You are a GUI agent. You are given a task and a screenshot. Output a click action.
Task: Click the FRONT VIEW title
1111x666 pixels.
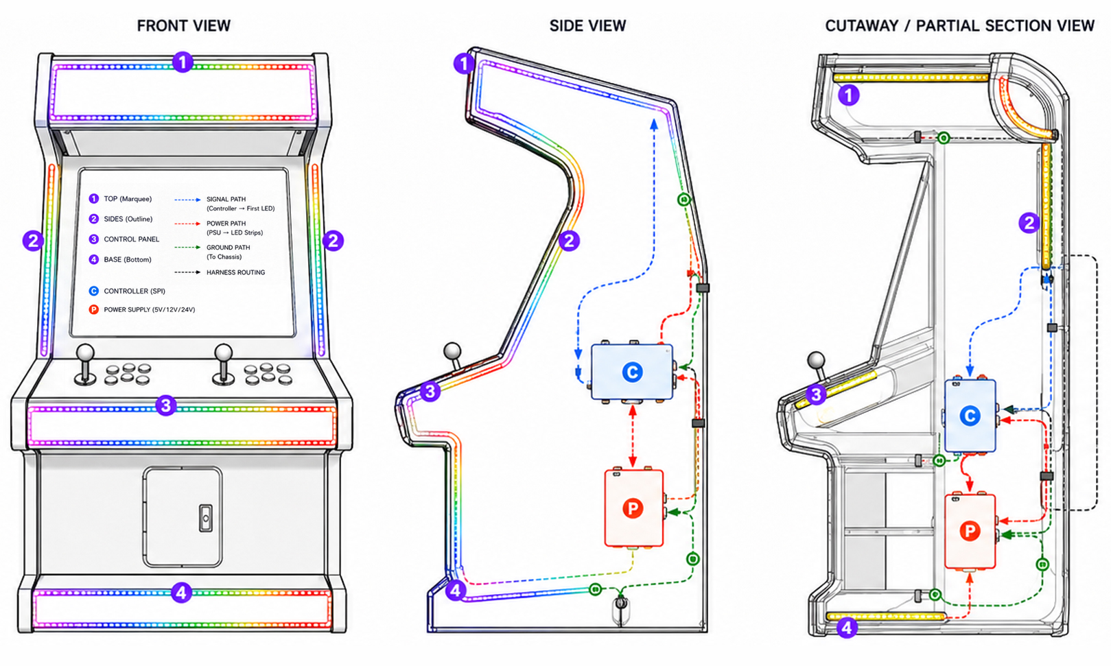[x=183, y=26]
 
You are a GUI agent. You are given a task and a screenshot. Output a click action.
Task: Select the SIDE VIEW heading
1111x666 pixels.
[x=587, y=26]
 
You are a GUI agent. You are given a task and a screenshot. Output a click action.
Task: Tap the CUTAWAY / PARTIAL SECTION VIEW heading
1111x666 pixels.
[x=960, y=26]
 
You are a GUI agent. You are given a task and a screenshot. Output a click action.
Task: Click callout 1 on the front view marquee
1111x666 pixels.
[x=183, y=62]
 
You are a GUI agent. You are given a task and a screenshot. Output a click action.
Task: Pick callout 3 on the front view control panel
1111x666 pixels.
[x=165, y=405]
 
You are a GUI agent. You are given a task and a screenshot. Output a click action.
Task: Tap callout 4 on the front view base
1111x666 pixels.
[x=181, y=592]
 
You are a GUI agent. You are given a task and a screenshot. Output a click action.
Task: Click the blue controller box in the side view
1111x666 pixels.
[x=632, y=372]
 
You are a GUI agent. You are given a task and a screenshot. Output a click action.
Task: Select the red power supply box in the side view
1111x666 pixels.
[x=634, y=508]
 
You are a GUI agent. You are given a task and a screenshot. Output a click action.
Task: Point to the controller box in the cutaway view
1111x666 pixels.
[x=970, y=416]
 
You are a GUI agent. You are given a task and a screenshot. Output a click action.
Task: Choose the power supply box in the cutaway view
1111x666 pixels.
[x=970, y=531]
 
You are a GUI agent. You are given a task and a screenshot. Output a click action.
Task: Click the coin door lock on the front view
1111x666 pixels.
[x=206, y=519]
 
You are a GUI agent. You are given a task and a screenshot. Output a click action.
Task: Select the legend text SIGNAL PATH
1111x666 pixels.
[x=226, y=200]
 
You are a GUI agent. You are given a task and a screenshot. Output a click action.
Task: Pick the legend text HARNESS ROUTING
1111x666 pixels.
[x=235, y=272]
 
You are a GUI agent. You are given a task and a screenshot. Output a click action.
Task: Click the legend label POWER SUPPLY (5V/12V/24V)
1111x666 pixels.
[x=150, y=309]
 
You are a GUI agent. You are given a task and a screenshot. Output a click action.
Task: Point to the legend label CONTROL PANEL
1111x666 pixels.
[x=132, y=239]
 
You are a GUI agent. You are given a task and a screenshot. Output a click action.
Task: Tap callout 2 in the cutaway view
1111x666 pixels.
[x=1029, y=223]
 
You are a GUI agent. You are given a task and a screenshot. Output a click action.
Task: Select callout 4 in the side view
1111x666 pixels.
[x=456, y=590]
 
